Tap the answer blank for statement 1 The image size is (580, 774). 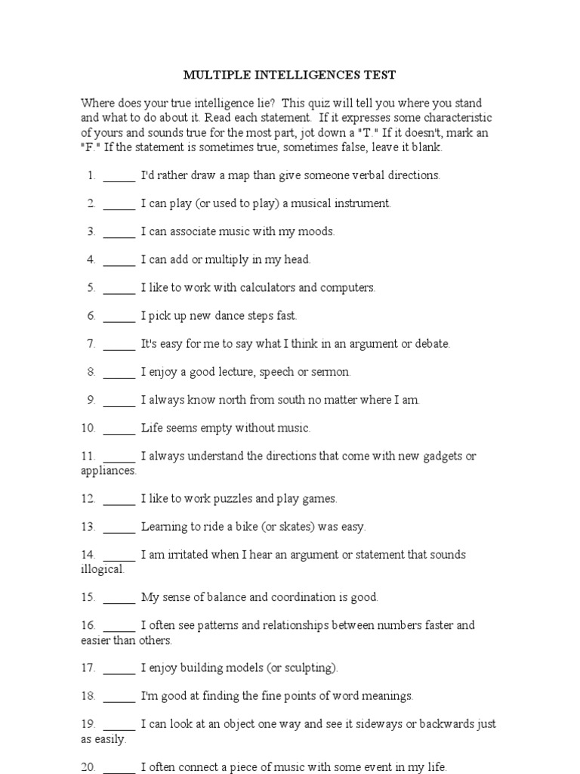tap(119, 176)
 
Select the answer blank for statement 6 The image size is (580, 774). tap(119, 317)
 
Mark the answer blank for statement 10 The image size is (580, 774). tap(119, 429)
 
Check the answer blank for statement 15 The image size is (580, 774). tap(119, 598)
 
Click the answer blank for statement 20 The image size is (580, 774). tap(119, 767)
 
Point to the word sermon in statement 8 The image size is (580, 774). tap(333, 372)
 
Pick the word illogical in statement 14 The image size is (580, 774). tap(102, 569)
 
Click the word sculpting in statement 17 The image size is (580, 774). tap(310, 668)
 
